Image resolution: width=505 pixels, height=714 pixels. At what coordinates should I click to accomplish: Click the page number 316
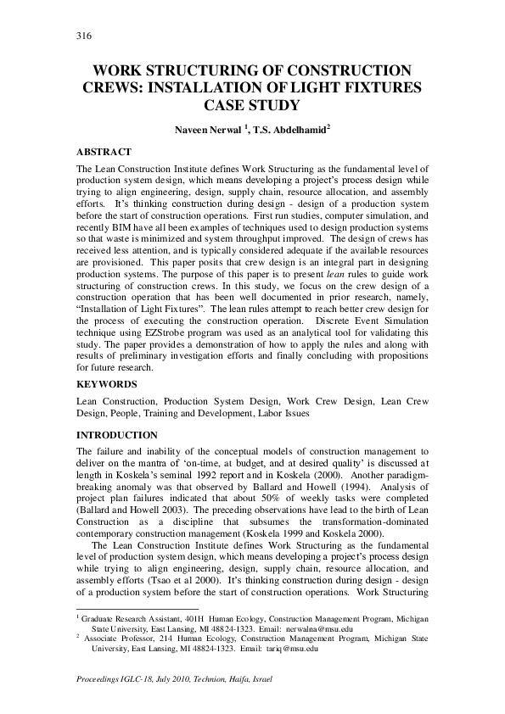click(x=84, y=36)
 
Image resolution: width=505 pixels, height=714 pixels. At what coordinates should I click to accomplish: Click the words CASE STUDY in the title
click(x=252, y=106)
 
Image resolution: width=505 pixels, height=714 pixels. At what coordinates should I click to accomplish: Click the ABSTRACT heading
click(x=104, y=152)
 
